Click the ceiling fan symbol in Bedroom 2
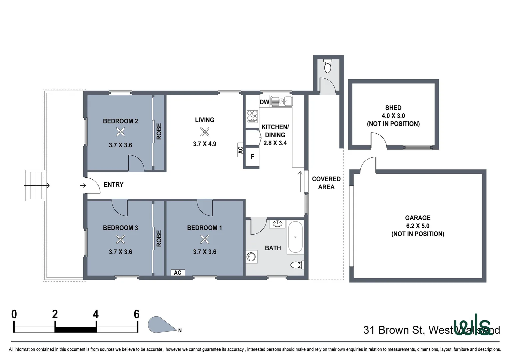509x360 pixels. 120,133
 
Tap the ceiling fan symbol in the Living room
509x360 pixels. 205,132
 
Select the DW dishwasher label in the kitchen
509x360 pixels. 264,102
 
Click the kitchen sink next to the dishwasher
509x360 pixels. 281,101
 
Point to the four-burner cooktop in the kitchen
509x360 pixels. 252,117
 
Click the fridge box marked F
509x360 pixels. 252,156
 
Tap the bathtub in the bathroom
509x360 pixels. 295,237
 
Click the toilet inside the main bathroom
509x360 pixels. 296,265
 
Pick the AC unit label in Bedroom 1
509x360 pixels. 178,273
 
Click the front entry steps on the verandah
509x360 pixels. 34,185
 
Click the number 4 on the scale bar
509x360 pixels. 96,314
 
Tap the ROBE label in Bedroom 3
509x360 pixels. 159,238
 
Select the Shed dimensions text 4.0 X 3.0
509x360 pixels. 393,116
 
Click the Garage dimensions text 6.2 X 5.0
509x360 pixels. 417,226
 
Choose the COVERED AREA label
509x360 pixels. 326,183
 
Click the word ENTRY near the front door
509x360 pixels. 114,185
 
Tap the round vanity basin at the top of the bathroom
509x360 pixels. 277,223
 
